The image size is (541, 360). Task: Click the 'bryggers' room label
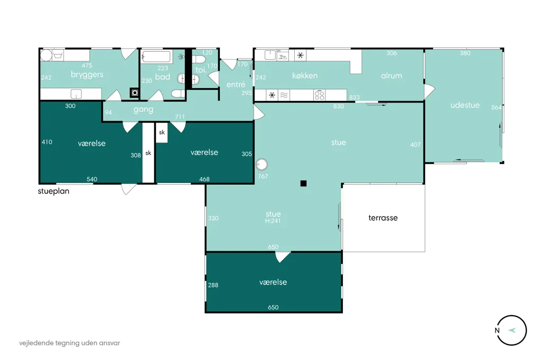87,75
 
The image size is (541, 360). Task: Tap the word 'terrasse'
383,218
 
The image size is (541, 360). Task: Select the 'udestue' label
465,105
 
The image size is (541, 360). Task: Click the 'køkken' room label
305,75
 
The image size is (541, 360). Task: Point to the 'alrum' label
391,75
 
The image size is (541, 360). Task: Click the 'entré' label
236,84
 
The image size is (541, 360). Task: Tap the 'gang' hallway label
143,110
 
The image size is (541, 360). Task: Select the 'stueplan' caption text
53,192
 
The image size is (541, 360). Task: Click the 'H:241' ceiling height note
273,221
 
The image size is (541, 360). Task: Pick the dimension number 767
263,176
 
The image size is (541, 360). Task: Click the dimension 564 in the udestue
496,108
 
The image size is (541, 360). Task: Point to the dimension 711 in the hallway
180,117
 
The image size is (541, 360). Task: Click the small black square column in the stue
303,184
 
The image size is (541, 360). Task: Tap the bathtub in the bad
156,57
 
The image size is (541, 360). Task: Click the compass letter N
497,330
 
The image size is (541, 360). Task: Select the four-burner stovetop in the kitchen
320,95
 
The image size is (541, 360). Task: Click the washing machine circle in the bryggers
46,55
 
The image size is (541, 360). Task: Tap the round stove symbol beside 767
262,165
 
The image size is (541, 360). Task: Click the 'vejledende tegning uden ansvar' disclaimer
70,343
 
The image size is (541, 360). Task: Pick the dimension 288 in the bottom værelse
213,285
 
